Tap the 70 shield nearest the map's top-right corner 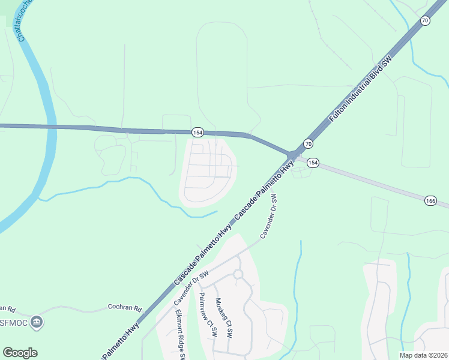pyautogui.click(x=425, y=21)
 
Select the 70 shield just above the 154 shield pyautogui.click(x=308, y=143)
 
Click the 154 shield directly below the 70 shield pyautogui.click(x=313, y=163)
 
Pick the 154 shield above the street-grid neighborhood pyautogui.click(x=197, y=132)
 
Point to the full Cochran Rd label pyautogui.click(x=124, y=307)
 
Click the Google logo pyautogui.click(x=20, y=353)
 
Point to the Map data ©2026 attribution pyautogui.click(x=423, y=355)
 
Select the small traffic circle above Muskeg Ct pyautogui.click(x=238, y=274)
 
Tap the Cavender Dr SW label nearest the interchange pyautogui.click(x=268, y=215)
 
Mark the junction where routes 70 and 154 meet pyautogui.click(x=293, y=155)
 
